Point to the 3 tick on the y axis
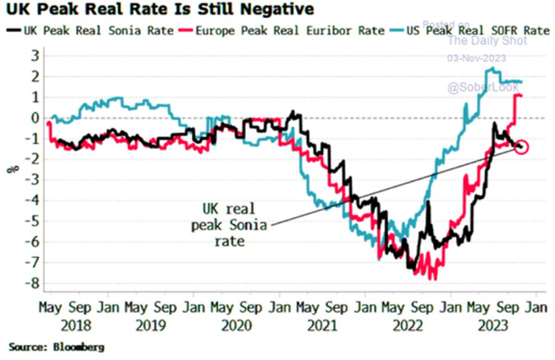[35, 56]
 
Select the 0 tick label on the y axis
[35, 118]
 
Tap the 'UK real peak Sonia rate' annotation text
[229, 225]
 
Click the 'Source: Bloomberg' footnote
[56, 347]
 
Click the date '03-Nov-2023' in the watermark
[476, 58]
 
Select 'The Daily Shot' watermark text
[487, 41]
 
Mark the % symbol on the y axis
[11, 169]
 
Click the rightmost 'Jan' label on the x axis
[536, 307]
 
